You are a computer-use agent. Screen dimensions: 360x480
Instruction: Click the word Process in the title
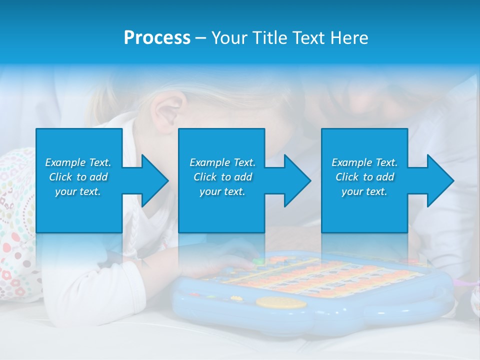[157, 38]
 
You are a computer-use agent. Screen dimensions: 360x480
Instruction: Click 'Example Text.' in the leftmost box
[78, 162]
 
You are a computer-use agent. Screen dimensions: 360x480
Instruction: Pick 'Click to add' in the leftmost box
[78, 177]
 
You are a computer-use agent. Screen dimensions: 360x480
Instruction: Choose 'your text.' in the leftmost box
[78, 191]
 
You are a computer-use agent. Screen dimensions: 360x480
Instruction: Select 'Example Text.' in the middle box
[222, 162]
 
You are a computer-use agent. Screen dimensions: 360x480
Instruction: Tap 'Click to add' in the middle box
[222, 177]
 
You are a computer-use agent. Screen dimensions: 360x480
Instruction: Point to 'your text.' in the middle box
[222, 191]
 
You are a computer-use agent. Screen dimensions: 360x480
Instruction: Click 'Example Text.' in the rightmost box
[364, 162]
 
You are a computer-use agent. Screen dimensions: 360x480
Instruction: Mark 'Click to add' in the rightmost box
[364, 177]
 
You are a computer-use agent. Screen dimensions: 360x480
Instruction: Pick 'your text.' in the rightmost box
[364, 191]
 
